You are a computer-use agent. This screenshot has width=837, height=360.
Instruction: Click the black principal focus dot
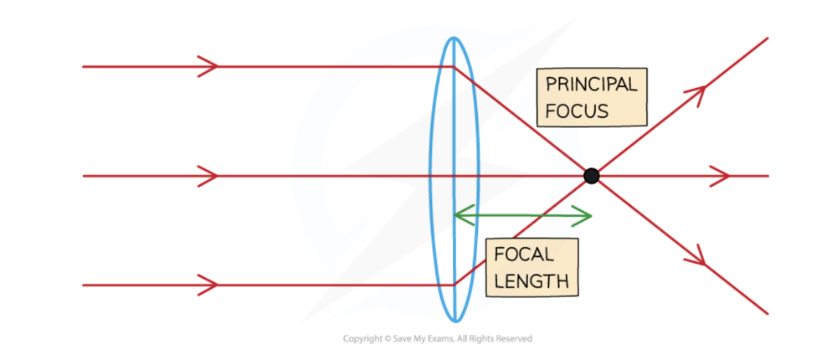(x=592, y=176)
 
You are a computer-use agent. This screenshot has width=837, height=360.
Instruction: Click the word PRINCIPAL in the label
(x=591, y=85)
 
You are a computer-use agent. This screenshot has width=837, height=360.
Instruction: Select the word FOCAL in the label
(x=523, y=255)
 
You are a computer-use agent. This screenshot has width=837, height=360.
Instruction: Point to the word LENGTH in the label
(x=531, y=280)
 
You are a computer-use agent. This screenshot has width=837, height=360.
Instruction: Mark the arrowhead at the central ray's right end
(x=721, y=176)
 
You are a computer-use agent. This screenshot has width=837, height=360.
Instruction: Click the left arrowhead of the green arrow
(x=458, y=215)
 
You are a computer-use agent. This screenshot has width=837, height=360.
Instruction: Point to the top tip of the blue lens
(x=453, y=39)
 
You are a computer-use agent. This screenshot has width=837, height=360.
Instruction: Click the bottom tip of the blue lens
(x=453, y=321)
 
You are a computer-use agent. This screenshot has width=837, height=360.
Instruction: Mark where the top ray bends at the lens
(x=453, y=66)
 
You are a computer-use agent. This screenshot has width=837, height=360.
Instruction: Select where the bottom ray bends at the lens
(x=453, y=285)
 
